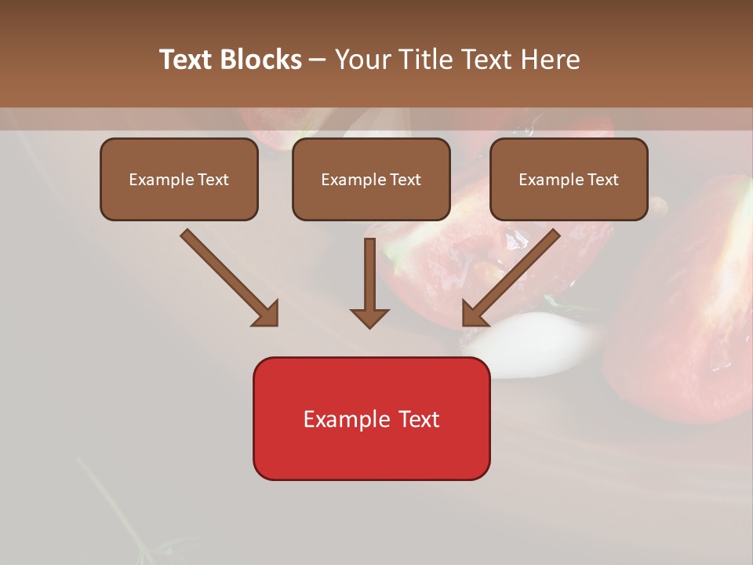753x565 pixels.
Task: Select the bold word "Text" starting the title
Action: [x=186, y=60]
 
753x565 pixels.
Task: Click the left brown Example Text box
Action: [x=179, y=179]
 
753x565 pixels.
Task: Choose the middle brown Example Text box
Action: [x=371, y=179]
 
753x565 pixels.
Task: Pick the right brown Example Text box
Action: [x=569, y=179]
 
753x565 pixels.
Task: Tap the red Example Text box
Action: [x=371, y=418]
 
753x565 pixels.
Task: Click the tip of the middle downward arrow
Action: [x=369, y=325]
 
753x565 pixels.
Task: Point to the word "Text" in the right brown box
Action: [x=603, y=180]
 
